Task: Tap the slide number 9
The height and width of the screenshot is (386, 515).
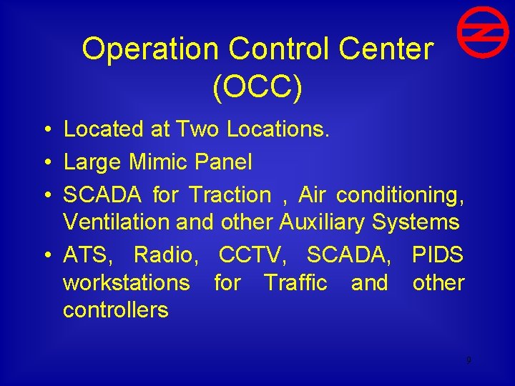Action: coord(469,360)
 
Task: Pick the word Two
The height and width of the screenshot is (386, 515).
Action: coord(198,129)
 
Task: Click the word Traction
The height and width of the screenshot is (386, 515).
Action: coord(230,194)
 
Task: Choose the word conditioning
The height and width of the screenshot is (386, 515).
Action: coord(400,194)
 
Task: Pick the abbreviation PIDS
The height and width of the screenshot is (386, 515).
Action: coord(438,254)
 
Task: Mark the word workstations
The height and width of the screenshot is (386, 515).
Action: coord(126,282)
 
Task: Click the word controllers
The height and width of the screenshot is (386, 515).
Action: coord(116,310)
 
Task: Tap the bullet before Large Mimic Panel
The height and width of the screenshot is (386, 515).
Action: coord(45,162)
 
